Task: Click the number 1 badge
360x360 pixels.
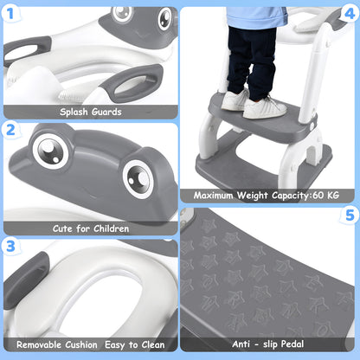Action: (10, 13)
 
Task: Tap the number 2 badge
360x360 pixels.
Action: (10, 130)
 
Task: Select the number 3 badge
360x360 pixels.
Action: (10, 247)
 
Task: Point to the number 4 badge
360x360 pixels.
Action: (350, 13)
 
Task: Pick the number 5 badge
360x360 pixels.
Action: (350, 215)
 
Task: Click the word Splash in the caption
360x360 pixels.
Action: (74, 112)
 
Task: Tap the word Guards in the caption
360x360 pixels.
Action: (106, 112)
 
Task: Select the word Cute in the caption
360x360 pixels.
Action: (62, 228)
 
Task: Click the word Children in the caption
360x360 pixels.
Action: (111, 228)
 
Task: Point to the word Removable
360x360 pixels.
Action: (57, 344)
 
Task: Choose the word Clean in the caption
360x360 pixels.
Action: (151, 344)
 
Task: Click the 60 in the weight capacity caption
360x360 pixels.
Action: (318, 196)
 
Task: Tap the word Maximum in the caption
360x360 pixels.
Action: (213, 196)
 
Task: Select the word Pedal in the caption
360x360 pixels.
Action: (292, 344)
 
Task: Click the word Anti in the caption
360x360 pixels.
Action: (241, 344)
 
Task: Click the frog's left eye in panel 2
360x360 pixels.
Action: (51, 151)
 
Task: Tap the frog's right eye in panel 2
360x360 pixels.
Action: (138, 179)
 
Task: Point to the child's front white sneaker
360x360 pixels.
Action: (265, 108)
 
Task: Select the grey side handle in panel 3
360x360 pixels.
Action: (27, 279)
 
